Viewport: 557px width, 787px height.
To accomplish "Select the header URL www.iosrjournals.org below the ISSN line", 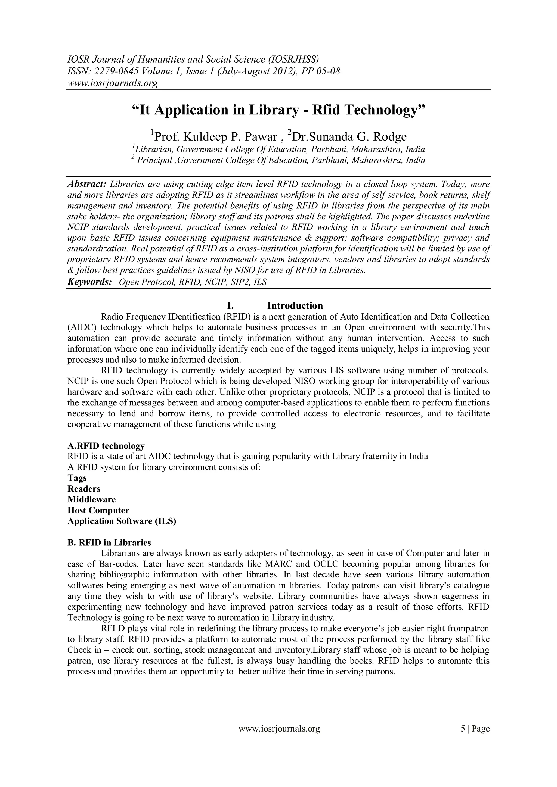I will pyautogui.click(x=112, y=83).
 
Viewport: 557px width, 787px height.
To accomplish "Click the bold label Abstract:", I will pyautogui.click(x=87, y=184).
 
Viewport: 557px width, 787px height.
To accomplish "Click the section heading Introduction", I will pyautogui.click(x=295, y=305).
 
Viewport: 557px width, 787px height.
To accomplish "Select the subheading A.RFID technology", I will pyautogui.click(x=106, y=446).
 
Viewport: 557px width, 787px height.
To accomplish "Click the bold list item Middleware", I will pyautogui.click(x=92, y=499).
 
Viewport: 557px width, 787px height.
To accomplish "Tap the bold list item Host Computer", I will pyautogui.click(x=98, y=510).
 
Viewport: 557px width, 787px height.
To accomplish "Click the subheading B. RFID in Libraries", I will pyautogui.click(x=109, y=543).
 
